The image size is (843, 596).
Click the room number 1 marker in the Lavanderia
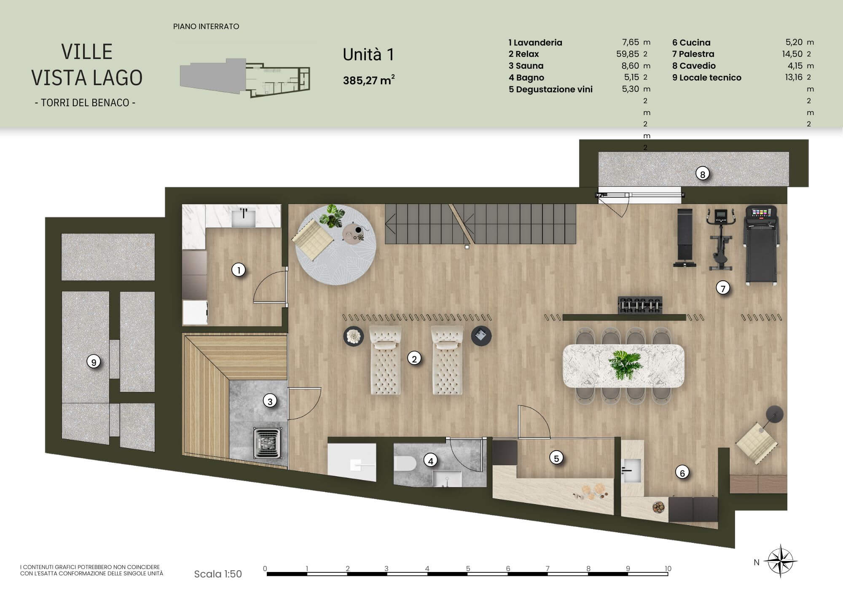239,270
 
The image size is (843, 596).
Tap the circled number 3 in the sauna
270,401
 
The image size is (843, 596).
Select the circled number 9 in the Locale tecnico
94,362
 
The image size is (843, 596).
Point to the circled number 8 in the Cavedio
703,174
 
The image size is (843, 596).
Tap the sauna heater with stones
267,442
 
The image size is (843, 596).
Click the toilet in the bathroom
405,464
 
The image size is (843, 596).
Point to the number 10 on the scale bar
668,569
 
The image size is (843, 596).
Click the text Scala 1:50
218,574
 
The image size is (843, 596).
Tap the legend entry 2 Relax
524,54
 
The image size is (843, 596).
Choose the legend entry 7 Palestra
693,54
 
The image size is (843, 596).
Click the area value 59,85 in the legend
628,54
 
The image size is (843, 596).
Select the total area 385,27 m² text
369,80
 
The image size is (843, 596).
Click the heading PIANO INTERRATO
206,27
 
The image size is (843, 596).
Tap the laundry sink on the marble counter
243,216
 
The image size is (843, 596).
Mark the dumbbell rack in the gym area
640,305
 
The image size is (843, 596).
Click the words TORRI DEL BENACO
85,102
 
